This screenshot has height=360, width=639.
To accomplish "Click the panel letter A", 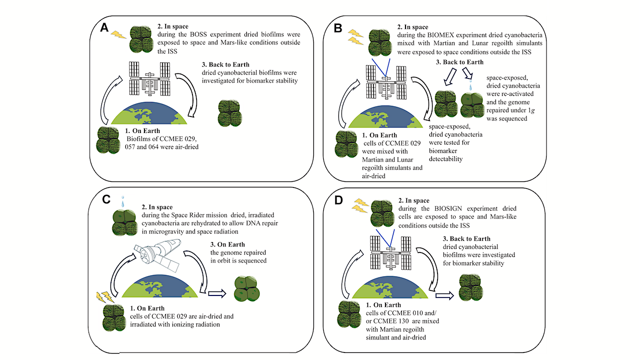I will coord(104,27).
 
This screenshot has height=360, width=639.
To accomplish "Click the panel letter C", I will coord(105,199).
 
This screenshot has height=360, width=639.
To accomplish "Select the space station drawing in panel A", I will coord(149,78).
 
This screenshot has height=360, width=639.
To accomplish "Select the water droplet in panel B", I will coord(470,87).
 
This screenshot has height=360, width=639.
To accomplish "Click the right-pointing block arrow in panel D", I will coord(444,295).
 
